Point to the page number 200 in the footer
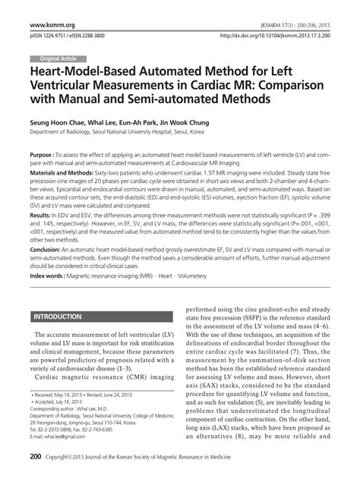pyautogui.click(x=36, y=458)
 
